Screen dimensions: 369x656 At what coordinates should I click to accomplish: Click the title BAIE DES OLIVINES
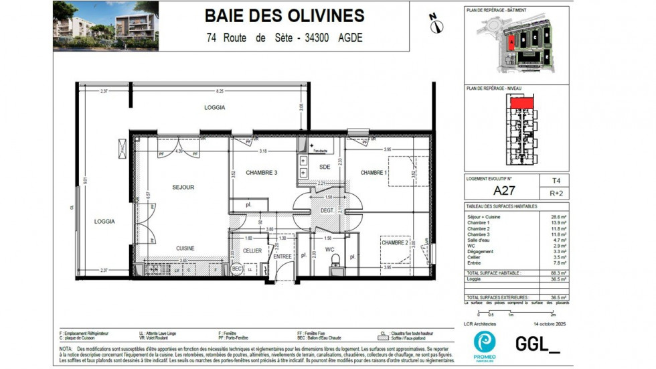coord(284,15)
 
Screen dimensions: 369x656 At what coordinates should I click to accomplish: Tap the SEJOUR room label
coord(183,188)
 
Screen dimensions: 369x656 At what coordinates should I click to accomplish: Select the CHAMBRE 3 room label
coord(262,173)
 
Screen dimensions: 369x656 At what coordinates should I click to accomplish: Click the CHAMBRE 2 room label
coord(394,242)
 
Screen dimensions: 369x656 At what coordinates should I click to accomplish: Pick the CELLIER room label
coord(252,250)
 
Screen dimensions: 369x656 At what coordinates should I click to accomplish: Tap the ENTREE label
coord(282,256)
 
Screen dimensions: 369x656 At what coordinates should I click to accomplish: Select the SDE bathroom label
coord(325,166)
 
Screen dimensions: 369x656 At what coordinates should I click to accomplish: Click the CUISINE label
coord(185,248)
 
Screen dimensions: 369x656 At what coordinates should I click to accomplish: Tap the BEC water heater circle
coord(236,269)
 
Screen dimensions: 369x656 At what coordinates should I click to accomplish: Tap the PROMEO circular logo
coord(484,341)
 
